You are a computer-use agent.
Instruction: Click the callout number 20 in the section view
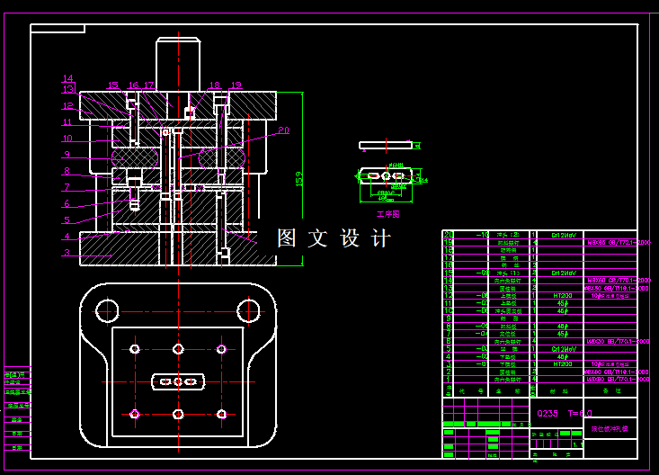(283, 130)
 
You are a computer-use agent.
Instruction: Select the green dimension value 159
(298, 179)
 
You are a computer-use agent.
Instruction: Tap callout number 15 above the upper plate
(112, 85)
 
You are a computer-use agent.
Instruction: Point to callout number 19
(236, 85)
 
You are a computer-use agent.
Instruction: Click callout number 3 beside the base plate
(67, 253)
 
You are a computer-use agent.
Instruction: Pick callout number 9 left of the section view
(67, 154)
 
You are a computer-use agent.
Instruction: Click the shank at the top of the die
(177, 63)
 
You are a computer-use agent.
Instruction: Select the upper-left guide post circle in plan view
(107, 309)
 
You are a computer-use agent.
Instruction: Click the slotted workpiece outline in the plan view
(177, 381)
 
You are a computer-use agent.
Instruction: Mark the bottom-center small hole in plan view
(178, 414)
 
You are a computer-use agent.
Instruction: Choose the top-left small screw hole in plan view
(135, 348)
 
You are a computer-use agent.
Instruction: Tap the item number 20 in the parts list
(447, 235)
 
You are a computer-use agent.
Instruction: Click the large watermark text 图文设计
(334, 238)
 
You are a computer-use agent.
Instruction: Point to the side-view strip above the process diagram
(385, 144)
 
